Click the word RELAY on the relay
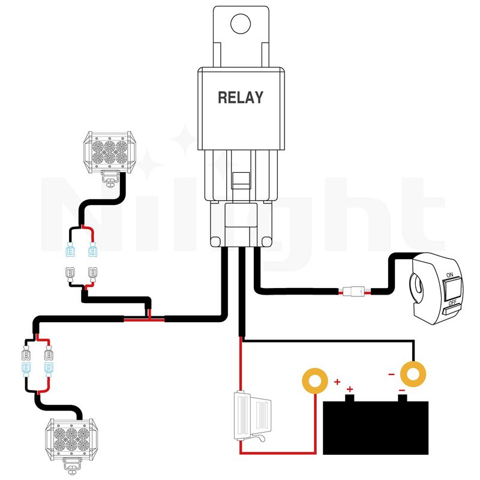(x=240, y=97)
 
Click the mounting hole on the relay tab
(x=241, y=24)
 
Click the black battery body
(x=377, y=428)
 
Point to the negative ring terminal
(x=413, y=374)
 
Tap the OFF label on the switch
(x=452, y=302)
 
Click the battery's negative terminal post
(x=402, y=397)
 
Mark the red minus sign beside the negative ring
(x=391, y=375)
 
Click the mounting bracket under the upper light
(x=110, y=178)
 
